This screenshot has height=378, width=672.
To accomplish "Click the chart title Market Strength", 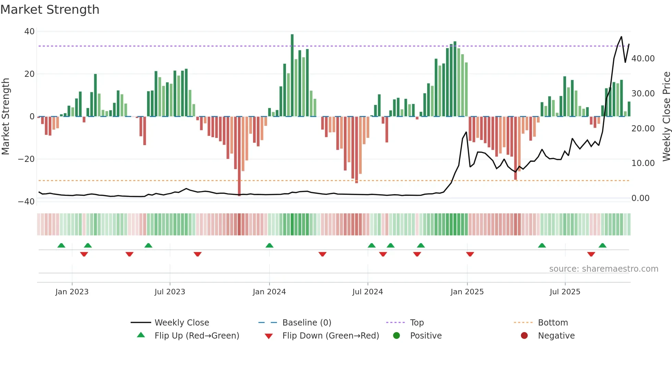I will click(50, 10).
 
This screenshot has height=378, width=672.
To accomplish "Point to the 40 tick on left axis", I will click(29, 32).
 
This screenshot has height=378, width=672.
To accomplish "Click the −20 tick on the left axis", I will click(26, 159).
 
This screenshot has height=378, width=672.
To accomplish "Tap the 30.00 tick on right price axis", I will click(643, 94).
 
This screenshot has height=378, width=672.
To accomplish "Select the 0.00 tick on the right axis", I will click(640, 198).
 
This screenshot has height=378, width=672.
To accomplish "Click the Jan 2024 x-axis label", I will click(269, 292).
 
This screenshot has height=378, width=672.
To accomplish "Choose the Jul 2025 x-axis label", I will click(565, 292).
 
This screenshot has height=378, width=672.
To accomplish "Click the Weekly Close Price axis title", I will click(666, 117).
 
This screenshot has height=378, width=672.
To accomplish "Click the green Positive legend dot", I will click(397, 336).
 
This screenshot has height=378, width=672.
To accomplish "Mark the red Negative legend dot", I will click(524, 336).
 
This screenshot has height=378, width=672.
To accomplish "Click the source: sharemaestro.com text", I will click(603, 269).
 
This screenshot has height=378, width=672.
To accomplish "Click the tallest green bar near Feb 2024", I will click(292, 75).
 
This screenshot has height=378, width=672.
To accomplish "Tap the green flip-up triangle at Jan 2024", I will click(269, 245).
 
